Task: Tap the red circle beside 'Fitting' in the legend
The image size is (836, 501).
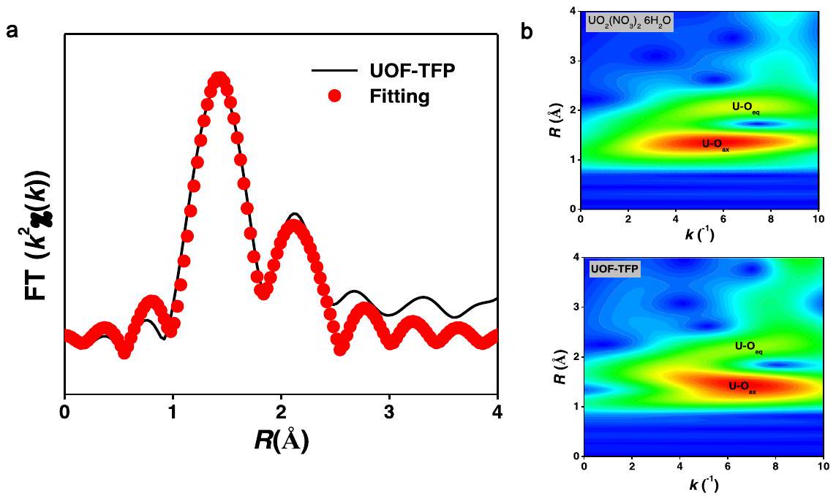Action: pos(335,96)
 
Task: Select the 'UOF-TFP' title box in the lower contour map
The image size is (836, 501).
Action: pos(614,269)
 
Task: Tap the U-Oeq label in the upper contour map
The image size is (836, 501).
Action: pos(747,107)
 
